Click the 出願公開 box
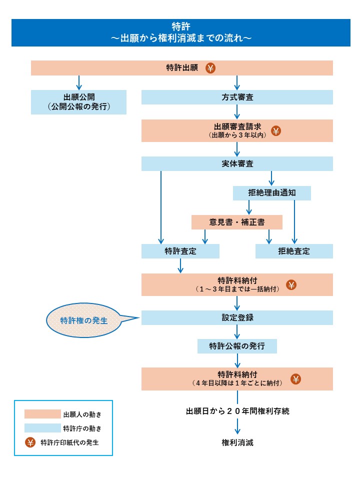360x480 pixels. coord(78,102)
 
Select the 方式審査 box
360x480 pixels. coord(237,97)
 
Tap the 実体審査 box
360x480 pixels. coord(237,163)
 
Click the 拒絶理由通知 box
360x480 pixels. coord(271,193)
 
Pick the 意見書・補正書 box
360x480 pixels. coord(237,222)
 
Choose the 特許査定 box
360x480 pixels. coord(180,251)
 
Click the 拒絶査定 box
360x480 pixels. coord(294,251)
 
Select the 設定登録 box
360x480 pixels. coord(237,317)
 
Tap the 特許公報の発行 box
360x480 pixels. coord(237,346)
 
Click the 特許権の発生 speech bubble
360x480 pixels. coord(84,320)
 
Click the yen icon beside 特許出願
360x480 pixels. coord(211,68)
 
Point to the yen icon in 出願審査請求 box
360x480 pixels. coord(275,131)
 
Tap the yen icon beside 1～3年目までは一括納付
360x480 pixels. coord(291,285)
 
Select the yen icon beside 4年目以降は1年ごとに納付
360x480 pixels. coord(296,379)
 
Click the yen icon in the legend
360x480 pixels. coord(30,442)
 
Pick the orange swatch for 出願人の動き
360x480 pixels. coord(42,414)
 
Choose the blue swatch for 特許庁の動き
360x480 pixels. coord(42,428)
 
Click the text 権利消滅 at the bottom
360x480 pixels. coord(237,442)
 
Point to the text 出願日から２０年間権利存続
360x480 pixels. coord(237,411)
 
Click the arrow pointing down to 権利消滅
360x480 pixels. coord(237,426)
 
